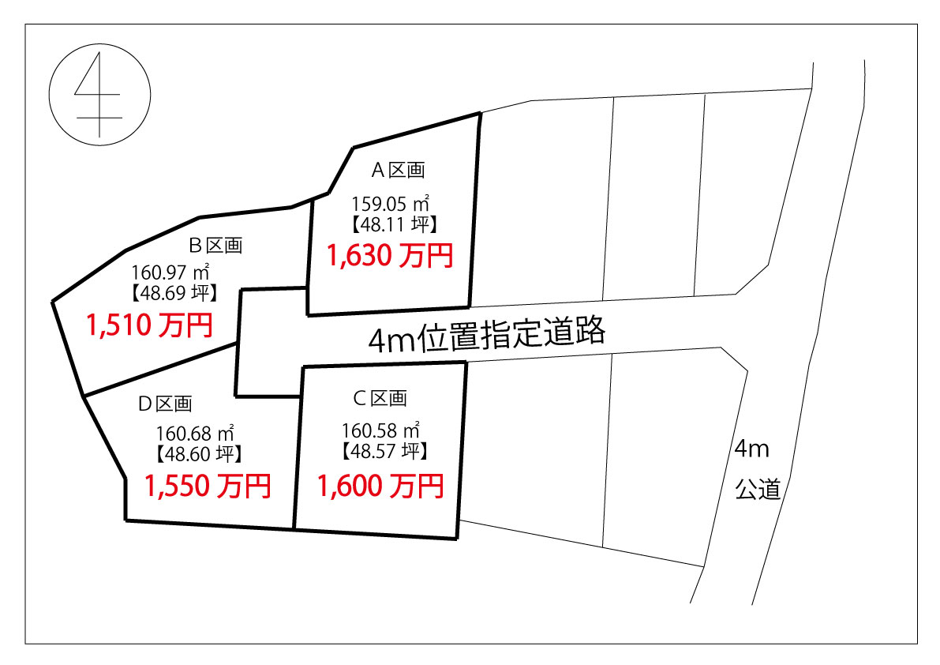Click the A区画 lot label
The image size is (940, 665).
click(x=398, y=171)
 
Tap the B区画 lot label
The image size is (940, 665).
click(x=215, y=246)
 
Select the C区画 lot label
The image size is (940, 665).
click(x=380, y=398)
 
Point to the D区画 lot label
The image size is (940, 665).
click(x=165, y=404)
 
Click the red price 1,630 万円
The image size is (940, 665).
click(x=390, y=255)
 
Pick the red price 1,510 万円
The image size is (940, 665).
click(x=149, y=325)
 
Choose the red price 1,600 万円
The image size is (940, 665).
click(x=380, y=487)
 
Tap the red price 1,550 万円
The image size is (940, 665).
click(x=208, y=487)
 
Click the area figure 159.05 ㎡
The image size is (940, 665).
click(x=390, y=204)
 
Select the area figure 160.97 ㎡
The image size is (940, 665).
click(x=170, y=272)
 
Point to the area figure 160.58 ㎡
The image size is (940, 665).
click(x=380, y=430)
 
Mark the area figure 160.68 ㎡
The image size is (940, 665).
click(x=195, y=433)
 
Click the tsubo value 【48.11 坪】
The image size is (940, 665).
click(x=394, y=224)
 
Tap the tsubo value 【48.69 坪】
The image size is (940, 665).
click(x=174, y=293)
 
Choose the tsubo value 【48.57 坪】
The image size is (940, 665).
click(x=384, y=451)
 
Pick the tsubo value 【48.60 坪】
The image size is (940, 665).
click(x=199, y=454)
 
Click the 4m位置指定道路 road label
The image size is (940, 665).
click(x=486, y=336)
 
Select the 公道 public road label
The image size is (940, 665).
click(x=758, y=490)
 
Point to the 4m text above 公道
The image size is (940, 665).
click(x=751, y=449)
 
